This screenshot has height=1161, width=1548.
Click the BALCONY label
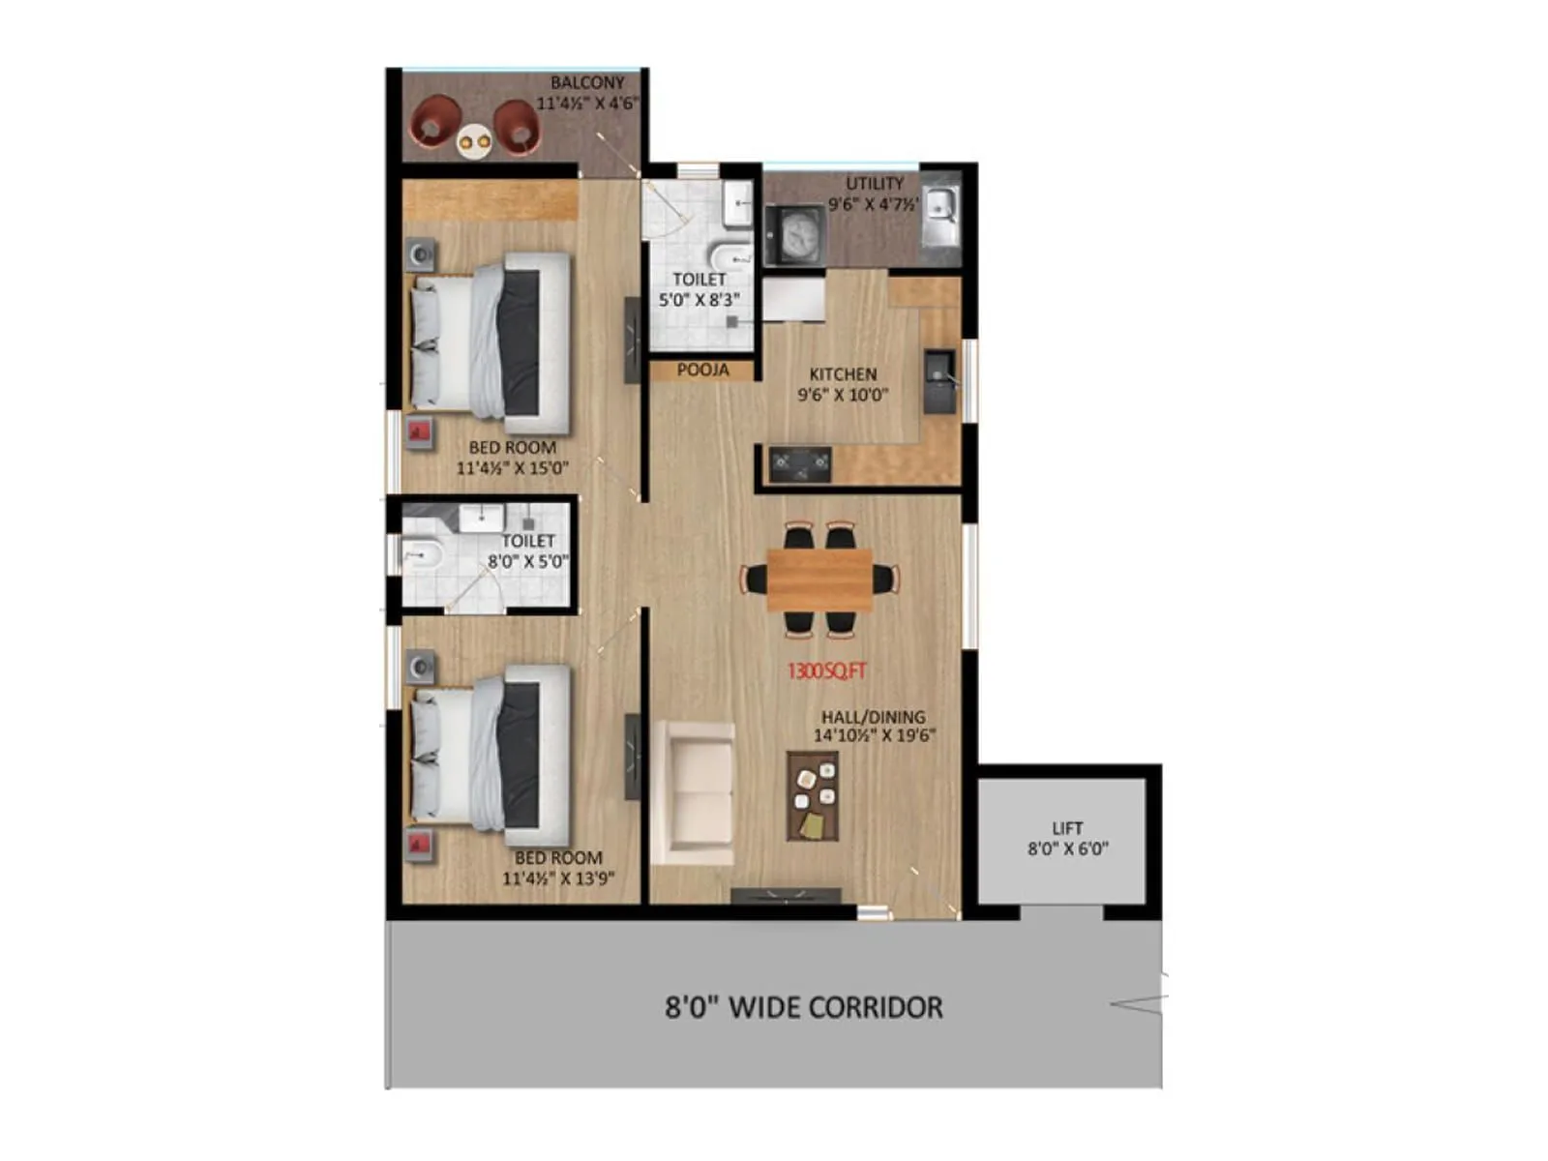587,83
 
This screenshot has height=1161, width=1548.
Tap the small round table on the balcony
475,142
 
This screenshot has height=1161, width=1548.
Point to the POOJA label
702,370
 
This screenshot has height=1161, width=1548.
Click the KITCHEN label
843,374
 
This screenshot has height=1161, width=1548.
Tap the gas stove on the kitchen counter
800,465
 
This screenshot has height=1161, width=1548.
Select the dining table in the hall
819,580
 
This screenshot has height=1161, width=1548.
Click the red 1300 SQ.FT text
826,671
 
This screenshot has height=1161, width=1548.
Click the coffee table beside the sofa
812,796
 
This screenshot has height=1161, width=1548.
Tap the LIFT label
1067,828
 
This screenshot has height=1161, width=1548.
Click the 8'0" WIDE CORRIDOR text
803,1007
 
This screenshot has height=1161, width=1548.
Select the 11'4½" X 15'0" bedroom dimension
513,468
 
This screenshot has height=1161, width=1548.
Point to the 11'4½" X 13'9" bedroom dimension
558,878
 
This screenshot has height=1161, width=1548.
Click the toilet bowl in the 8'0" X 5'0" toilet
423,555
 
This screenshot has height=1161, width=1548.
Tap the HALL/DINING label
873,717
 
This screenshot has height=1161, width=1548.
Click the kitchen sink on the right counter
939,376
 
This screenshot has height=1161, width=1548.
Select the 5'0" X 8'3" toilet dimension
700,300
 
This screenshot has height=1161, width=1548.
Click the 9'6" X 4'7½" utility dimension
873,204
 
